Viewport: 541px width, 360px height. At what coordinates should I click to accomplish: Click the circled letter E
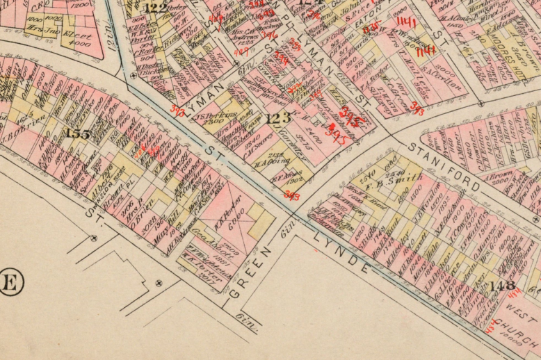(10, 284)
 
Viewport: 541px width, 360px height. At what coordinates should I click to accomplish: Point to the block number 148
(502, 285)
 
